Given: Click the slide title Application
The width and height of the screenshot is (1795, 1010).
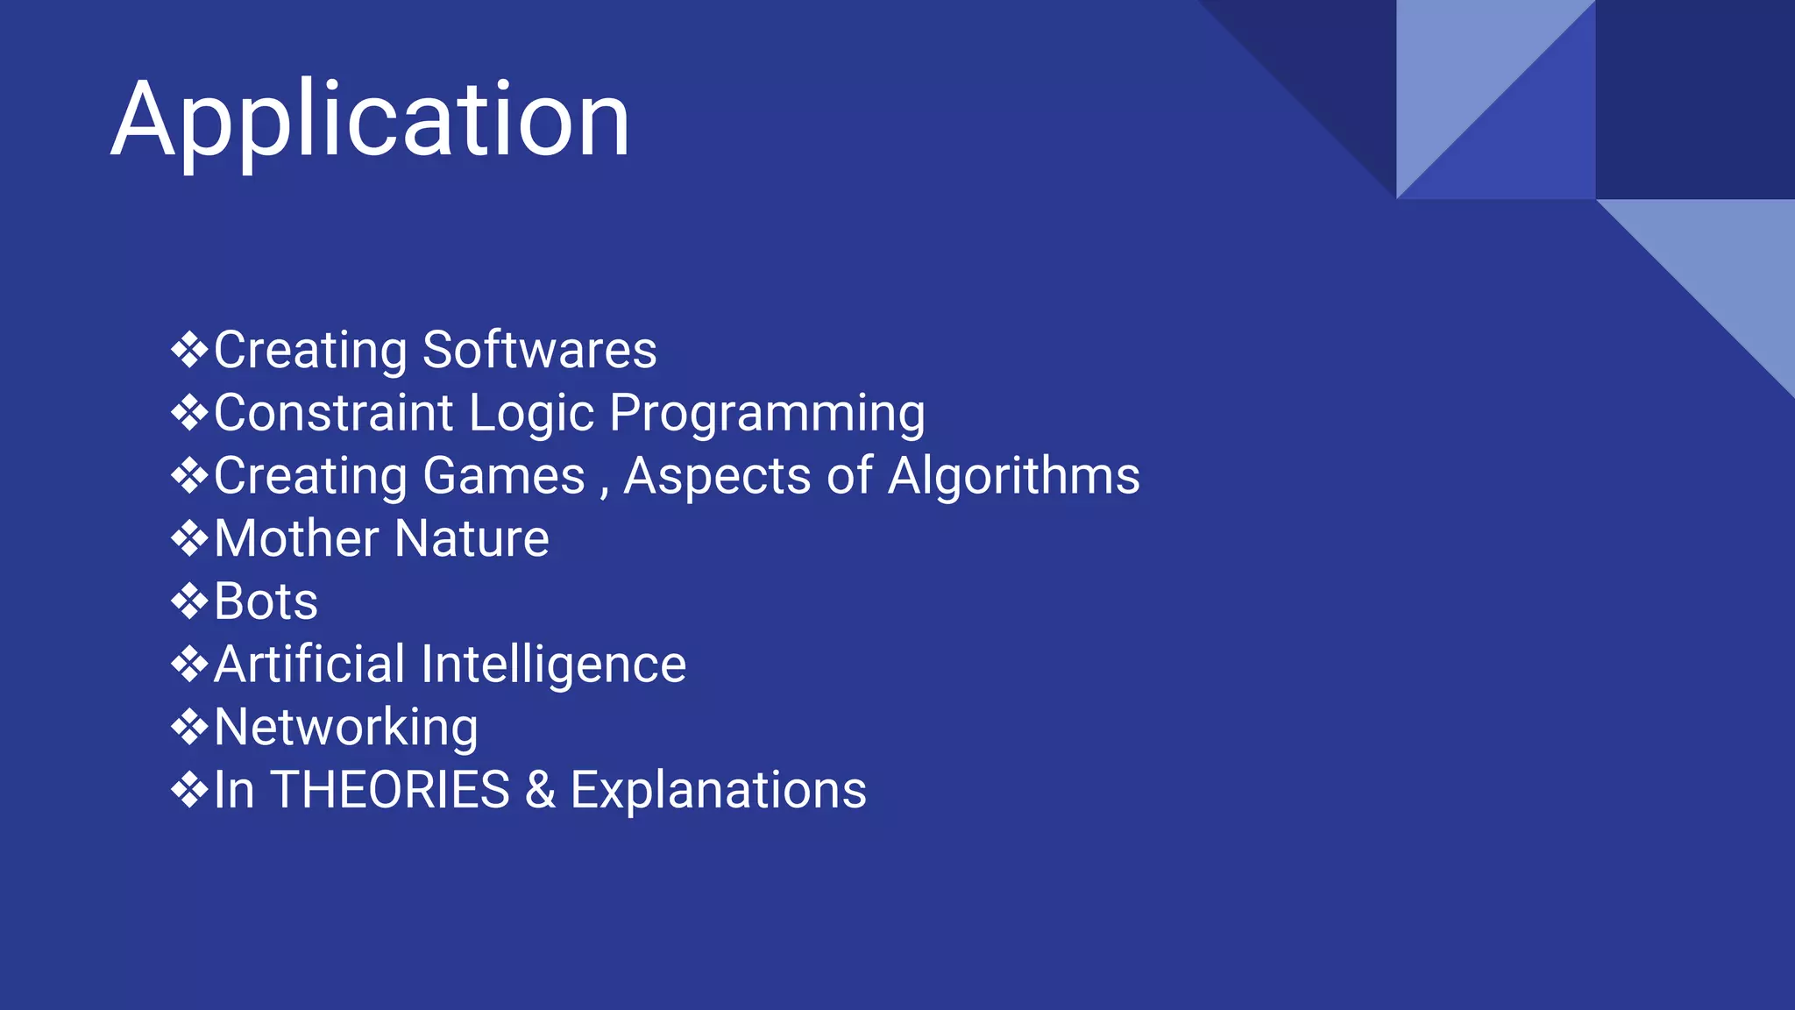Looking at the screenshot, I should tap(370, 119).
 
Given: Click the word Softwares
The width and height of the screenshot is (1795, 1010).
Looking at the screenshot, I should tap(539, 350).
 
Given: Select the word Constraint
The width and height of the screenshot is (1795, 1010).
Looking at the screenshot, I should tap(334, 413).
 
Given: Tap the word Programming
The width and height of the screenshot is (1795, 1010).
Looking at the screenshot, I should tap(767, 413).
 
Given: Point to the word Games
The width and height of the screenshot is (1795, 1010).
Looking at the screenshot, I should tap(503, 476).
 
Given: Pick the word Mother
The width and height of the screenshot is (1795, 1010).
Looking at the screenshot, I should tap(298, 538).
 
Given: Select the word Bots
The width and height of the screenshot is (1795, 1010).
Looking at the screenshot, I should tap(266, 601).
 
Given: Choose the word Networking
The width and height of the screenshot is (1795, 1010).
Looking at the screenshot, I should tap(346, 727).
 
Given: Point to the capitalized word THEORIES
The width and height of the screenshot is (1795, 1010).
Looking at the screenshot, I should tap(390, 790).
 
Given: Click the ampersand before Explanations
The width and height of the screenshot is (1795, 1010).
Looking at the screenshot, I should tap(540, 790).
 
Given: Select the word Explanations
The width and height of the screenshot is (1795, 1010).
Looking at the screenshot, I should tap(718, 790).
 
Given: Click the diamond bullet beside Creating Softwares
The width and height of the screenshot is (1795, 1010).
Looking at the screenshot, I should tap(189, 351).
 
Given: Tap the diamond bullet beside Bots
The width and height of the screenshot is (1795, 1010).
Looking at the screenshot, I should tap(189, 602).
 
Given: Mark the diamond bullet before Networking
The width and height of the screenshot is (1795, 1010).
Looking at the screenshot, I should tap(189, 728).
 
